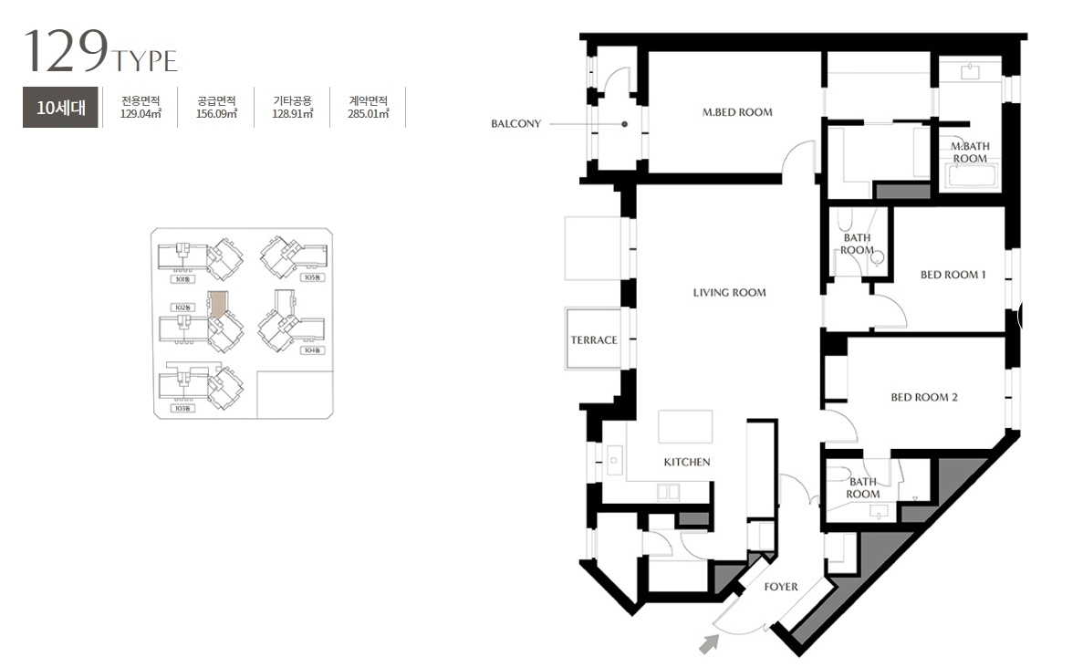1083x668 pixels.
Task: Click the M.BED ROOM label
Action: coord(737,113)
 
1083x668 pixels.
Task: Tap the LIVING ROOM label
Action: coord(729,293)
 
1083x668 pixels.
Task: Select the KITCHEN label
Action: coord(686,462)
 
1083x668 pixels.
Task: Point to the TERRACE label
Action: coord(594,340)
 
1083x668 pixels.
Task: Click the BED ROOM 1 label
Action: coord(953,275)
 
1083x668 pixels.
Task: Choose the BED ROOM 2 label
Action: coord(923,398)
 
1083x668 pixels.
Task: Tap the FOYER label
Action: coord(781,587)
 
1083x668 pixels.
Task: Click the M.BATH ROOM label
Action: coord(970,152)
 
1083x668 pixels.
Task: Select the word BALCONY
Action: coord(515,124)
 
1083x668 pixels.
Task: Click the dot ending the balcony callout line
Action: coord(625,124)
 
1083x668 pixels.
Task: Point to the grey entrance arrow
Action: coord(708,644)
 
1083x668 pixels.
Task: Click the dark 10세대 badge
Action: coord(60,108)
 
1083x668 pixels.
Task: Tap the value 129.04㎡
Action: coord(141,115)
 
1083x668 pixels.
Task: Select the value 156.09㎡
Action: coord(216,115)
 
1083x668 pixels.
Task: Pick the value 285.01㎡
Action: coord(368,115)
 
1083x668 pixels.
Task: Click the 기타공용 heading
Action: coord(292,101)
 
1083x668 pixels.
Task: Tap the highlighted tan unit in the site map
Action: coord(217,305)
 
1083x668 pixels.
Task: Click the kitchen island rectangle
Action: coord(685,426)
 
